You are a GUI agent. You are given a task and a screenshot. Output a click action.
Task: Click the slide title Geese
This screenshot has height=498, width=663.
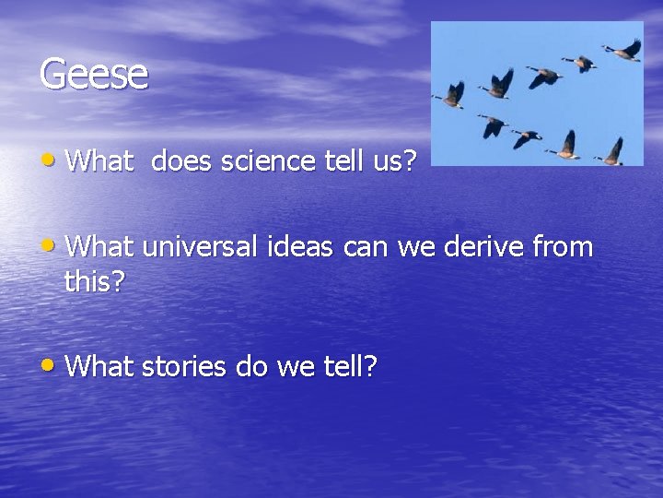tap(93, 74)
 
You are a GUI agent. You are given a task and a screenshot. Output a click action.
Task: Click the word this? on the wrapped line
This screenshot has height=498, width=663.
tap(94, 281)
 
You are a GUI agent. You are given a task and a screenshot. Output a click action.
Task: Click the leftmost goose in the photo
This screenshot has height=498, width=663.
tap(453, 94)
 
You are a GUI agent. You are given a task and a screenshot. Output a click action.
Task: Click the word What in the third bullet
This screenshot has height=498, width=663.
tap(100, 367)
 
